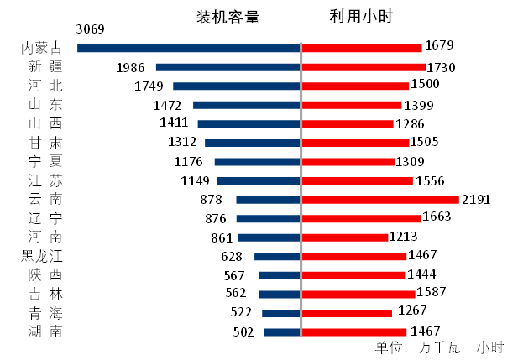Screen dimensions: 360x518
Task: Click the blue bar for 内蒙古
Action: tap(188, 49)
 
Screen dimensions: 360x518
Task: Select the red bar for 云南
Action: tap(380, 200)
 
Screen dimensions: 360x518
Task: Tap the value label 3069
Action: tap(90, 29)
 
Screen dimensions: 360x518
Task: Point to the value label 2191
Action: tap(475, 200)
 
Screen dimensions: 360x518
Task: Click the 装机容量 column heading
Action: tap(228, 17)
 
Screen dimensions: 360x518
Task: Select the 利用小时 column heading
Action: tap(362, 17)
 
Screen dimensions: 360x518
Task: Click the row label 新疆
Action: tap(44, 67)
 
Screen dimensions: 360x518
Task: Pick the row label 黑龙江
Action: tap(40, 256)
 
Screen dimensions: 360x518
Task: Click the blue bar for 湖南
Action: tap(281, 331)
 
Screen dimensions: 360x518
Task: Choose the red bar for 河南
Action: tap(344, 237)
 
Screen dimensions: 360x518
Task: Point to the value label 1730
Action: tap(440, 67)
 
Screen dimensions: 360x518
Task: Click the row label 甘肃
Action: tap(44, 143)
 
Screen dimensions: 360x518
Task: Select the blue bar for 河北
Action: tap(236, 86)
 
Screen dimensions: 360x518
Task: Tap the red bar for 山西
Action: tap(348, 123)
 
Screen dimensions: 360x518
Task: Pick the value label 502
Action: tap(243, 331)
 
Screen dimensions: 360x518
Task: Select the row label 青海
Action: tap(44, 312)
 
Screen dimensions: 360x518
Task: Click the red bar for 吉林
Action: tap(358, 294)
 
